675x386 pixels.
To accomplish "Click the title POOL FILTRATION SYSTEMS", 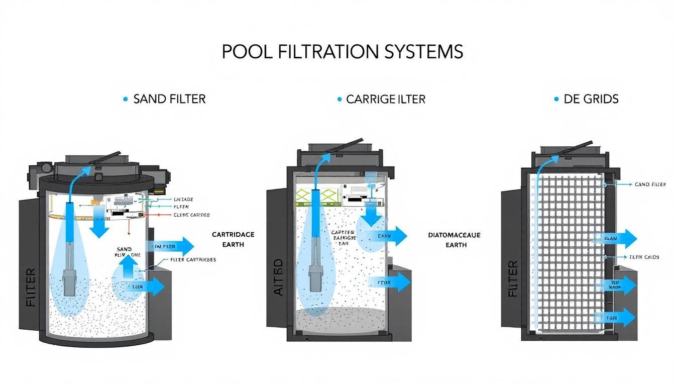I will pyautogui.click(x=343, y=52).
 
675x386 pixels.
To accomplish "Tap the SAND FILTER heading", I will pyautogui.click(x=170, y=99).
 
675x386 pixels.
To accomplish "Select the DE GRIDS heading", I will pyautogui.click(x=591, y=99).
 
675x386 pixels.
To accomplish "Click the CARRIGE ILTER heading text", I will pyautogui.click(x=386, y=99).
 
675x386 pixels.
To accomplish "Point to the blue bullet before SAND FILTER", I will pyautogui.click(x=125, y=100).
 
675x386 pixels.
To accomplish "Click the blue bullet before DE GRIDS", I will pyautogui.click(x=556, y=100).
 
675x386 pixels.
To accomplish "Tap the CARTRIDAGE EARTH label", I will pyautogui.click(x=233, y=239).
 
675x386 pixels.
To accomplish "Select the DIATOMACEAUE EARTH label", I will pyautogui.click(x=455, y=239).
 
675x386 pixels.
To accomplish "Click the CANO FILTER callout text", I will pyautogui.click(x=650, y=184).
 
